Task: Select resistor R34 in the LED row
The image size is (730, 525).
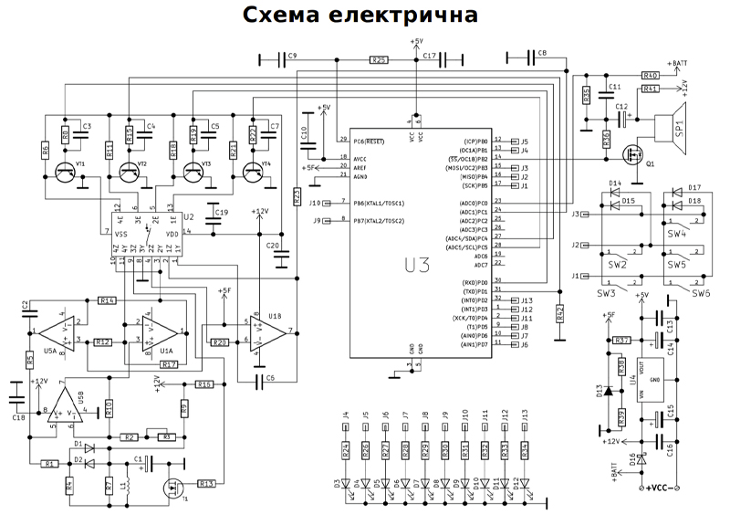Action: [525, 450]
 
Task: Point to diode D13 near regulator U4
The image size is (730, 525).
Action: [609, 393]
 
